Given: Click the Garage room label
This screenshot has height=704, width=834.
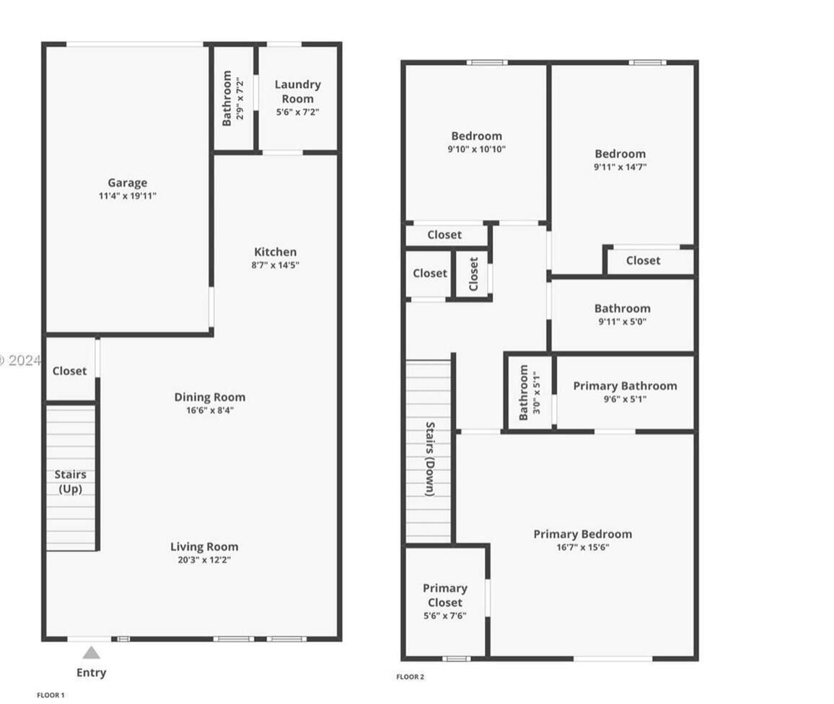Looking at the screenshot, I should coord(128,183).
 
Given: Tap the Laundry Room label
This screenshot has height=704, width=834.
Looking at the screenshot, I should coord(298,92).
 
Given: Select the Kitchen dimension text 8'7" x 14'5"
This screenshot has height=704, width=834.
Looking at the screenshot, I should coord(275,265).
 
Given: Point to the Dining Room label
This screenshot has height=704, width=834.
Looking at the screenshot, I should coord(210,397).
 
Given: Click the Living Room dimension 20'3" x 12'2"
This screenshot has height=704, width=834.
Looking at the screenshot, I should coord(204,560).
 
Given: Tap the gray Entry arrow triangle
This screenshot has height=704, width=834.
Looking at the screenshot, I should coord(91,653).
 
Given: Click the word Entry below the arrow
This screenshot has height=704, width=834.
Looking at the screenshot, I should coord(92,672).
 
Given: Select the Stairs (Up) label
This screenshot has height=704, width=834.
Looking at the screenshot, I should coord(70,481).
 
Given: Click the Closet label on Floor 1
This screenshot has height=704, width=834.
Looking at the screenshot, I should coord(70,371).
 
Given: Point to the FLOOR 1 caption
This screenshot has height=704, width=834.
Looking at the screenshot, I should coord(51,695).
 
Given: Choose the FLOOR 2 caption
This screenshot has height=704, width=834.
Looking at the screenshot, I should coord(410,677).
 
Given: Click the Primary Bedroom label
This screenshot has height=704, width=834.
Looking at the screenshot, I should coord(582,534).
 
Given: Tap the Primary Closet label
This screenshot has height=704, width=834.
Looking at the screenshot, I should coord(445,595).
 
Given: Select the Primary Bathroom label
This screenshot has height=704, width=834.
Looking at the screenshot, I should coord(625,386).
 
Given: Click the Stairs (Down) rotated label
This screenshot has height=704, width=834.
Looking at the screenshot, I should coord(429,459).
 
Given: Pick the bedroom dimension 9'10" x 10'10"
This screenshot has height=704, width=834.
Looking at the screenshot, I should coord(477,149).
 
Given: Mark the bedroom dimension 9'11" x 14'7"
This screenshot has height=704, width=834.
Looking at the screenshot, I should coord(620,167).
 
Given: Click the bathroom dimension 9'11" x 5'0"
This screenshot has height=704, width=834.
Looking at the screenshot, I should coord(622,322).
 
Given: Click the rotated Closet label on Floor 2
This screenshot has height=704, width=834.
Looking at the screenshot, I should coord(473,274).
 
